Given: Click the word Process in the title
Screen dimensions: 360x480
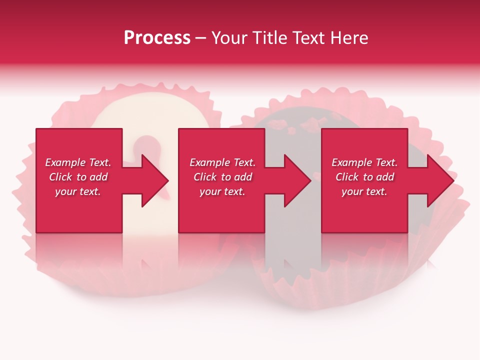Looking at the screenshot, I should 157,38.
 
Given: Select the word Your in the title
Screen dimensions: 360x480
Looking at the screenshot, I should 228,38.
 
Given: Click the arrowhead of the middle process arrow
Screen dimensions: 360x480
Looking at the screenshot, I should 297,180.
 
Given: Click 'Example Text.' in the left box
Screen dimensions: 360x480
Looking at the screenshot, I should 78,162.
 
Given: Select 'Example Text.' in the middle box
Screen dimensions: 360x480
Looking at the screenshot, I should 222,162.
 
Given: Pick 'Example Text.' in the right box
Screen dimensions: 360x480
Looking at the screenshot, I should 364,162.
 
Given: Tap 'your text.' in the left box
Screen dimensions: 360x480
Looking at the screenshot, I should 78,191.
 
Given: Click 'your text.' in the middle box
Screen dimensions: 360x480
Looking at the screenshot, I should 222,191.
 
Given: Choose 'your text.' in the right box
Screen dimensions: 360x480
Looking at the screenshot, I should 364,191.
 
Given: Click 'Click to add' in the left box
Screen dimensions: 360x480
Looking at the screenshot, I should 78,177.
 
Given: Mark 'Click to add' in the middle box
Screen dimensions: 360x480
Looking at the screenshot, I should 222,177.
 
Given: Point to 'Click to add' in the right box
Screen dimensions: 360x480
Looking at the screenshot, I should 364,177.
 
